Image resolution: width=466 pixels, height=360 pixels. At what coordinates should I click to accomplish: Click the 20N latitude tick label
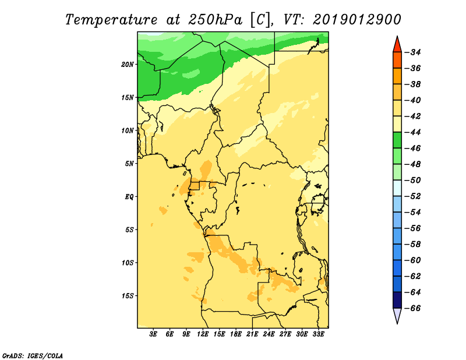coord(128,65)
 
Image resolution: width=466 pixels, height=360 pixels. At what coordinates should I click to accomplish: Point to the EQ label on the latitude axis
coord(129,197)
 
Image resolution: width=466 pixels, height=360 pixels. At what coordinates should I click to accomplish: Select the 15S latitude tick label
coord(128,296)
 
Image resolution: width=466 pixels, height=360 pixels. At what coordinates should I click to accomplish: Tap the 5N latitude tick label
coord(129,164)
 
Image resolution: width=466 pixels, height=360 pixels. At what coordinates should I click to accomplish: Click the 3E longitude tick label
coord(153,334)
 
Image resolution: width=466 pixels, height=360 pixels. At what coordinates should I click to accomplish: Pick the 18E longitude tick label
coord(236,334)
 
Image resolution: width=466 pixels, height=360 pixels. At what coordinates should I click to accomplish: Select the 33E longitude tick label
coord(318,334)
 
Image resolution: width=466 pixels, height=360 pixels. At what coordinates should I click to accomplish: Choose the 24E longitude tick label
coord(269,334)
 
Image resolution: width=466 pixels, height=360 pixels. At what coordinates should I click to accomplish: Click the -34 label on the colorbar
coord(412,52)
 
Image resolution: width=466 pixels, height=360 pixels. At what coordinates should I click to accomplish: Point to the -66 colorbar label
coord(412,308)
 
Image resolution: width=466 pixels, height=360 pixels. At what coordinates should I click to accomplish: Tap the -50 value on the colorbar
coord(412,181)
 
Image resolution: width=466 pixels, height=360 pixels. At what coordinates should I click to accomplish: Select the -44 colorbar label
coord(412,132)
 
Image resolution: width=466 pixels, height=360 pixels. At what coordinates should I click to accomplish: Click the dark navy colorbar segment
coord(397,300)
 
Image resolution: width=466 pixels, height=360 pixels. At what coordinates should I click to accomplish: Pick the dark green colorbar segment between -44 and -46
coord(397,140)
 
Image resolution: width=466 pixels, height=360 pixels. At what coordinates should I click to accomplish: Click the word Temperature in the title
coord(111,20)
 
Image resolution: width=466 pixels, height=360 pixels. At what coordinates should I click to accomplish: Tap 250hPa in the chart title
coord(215,20)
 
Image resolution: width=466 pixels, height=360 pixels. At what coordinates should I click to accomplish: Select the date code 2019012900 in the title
coord(356,20)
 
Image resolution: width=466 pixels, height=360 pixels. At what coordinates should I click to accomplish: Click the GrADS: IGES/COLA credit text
coord(33,355)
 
